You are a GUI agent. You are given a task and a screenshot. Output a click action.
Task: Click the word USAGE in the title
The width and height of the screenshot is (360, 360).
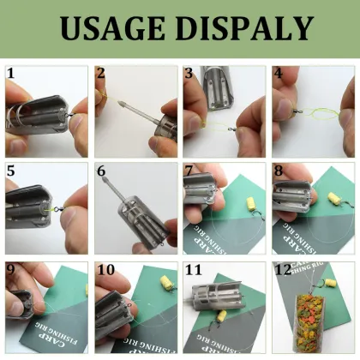[111, 31]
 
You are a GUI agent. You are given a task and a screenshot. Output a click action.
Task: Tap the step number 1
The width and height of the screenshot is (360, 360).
[10, 74]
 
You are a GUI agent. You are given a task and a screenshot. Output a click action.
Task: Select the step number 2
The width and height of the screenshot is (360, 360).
[100, 74]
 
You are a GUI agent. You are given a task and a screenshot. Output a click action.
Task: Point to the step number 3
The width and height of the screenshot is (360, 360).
[189, 74]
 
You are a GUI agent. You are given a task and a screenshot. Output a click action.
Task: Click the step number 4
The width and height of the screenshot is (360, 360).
[278, 74]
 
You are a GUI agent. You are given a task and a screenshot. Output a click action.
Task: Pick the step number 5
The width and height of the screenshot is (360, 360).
[10, 171]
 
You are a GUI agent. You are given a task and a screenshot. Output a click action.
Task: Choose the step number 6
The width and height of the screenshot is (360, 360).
[100, 171]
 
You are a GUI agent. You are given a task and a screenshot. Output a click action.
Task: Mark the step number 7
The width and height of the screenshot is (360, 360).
[189, 171]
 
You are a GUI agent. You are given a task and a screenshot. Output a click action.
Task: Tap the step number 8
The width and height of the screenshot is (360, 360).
[278, 171]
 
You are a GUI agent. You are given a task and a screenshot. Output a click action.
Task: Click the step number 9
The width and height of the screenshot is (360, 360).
[10, 268]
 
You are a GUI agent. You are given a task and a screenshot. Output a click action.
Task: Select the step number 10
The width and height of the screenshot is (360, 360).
[105, 268]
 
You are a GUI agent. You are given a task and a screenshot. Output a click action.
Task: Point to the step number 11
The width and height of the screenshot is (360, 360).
[194, 268]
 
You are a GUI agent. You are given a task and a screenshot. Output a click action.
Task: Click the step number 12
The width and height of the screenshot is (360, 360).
[283, 268]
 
